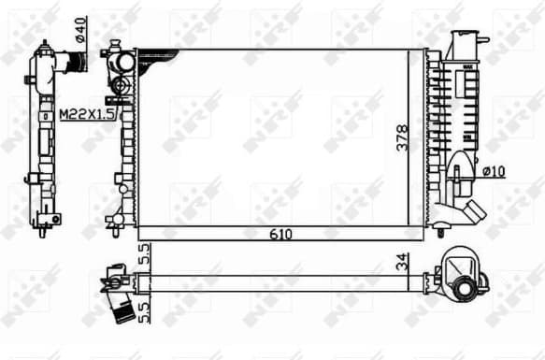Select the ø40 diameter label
pyautogui.click(x=80, y=29)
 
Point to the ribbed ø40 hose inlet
pyautogui.click(x=76, y=63)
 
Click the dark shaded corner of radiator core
pyautogui.click(x=150, y=61)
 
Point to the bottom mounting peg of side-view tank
pyautogui.click(x=43, y=225)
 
